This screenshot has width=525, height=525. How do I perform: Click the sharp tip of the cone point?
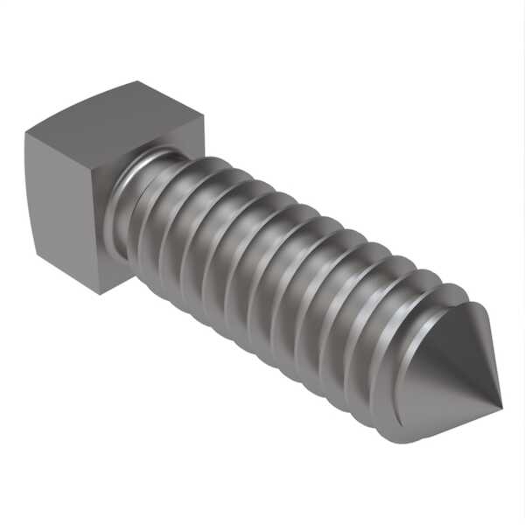coord(501,406)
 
